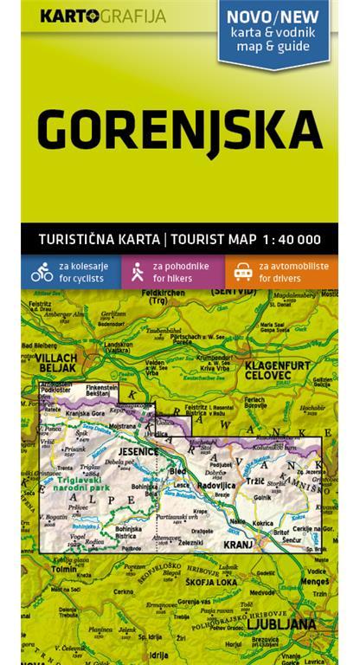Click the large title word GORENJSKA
tap(180, 130)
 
